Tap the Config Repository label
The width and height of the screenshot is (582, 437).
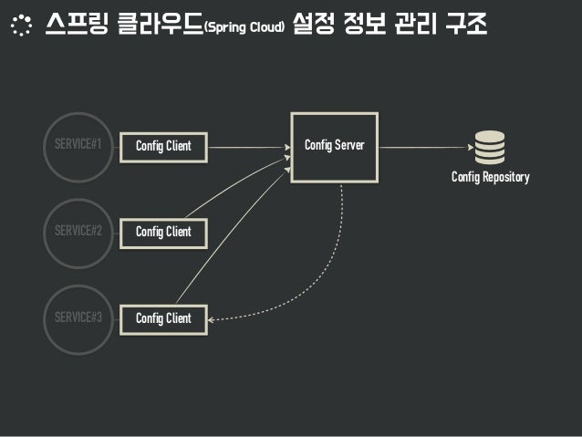(x=490, y=178)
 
